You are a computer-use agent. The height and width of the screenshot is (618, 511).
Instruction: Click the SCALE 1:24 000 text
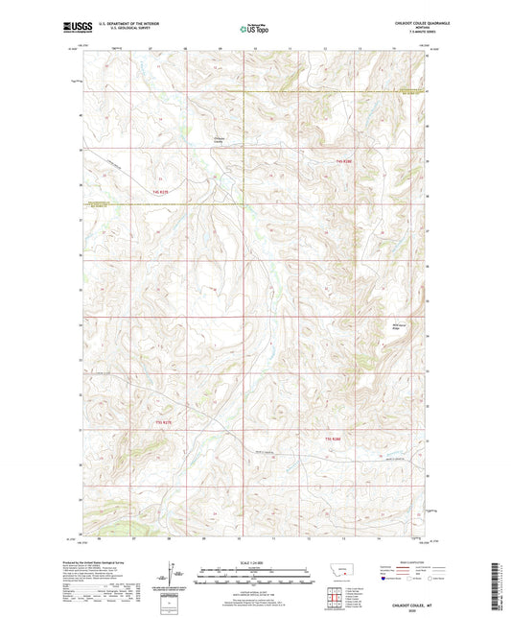point(255,562)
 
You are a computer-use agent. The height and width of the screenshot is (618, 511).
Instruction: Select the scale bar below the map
point(255,579)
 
